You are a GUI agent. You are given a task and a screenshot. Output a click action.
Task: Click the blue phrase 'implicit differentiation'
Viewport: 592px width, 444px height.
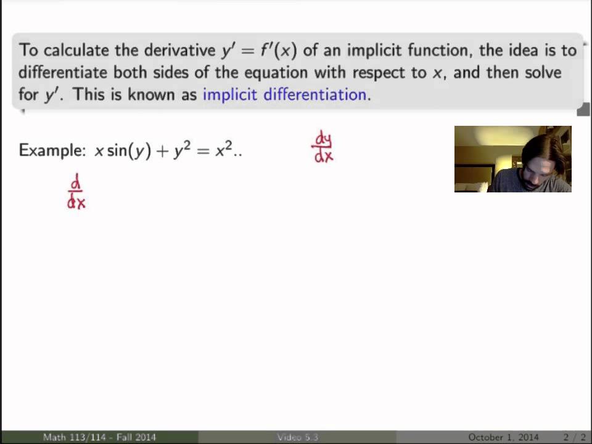[284, 95]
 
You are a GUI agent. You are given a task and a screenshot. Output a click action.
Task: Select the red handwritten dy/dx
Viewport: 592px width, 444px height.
[323, 147]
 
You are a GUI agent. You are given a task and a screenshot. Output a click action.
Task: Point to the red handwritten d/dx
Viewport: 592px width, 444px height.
[76, 192]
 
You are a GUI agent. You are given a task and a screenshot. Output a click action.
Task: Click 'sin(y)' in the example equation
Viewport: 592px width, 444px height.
[129, 151]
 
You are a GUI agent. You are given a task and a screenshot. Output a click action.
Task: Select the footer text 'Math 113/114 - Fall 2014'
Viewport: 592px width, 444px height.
[99, 437]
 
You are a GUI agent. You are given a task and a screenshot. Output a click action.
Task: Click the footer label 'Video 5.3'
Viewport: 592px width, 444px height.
[297, 437]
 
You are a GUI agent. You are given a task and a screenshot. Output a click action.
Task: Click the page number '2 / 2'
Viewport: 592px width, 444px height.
[574, 437]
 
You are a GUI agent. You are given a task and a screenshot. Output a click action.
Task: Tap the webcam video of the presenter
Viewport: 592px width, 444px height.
[512, 159]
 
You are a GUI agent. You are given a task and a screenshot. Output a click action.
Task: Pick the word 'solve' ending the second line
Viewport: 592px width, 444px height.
[540, 73]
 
